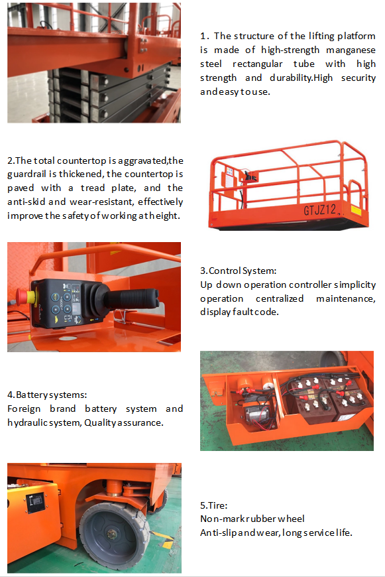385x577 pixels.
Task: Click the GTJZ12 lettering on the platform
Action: coord(322,210)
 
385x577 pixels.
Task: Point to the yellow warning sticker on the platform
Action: coord(356,210)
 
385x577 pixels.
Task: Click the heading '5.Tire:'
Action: coord(213,505)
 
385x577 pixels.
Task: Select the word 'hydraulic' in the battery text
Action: coord(28,422)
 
